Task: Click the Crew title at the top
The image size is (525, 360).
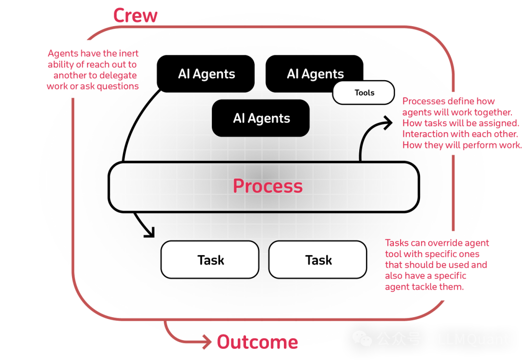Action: coord(135,15)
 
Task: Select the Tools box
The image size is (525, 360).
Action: coord(364,93)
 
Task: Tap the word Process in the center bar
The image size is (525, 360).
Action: coord(267,186)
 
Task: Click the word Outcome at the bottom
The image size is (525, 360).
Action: coord(257,342)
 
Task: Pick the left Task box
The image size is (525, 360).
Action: coord(210,260)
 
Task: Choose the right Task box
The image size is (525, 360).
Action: coord(318,260)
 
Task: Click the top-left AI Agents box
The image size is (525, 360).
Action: coord(206,74)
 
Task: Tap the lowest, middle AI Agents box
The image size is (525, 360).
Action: coord(261,118)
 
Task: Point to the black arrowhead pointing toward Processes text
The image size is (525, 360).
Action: coord(386,122)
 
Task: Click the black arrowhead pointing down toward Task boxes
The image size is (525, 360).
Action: coord(149,232)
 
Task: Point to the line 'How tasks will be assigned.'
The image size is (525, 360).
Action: coord(460,123)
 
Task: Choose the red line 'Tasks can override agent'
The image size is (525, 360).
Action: coord(437,242)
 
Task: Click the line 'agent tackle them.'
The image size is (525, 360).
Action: coord(424,287)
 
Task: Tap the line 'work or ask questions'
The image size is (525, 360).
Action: coord(93,86)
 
